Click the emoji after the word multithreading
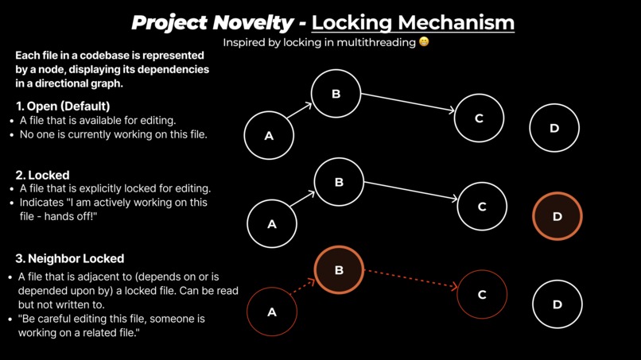[424, 41]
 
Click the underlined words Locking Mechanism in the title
[413, 21]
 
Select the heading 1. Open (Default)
[63, 106]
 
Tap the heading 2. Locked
[43, 175]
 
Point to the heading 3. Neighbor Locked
[70, 258]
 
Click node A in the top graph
[269, 136]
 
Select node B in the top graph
[336, 94]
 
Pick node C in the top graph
[479, 118]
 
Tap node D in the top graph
[554, 128]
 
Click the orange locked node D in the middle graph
[557, 216]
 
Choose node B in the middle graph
[339, 182]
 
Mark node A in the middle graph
[272, 224]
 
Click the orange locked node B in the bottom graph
[339, 270]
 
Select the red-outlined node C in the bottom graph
[482, 294]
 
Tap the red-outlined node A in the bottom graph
[272, 312]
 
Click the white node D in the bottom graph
[557, 304]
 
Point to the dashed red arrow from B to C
[410, 278]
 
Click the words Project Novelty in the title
[212, 21]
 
